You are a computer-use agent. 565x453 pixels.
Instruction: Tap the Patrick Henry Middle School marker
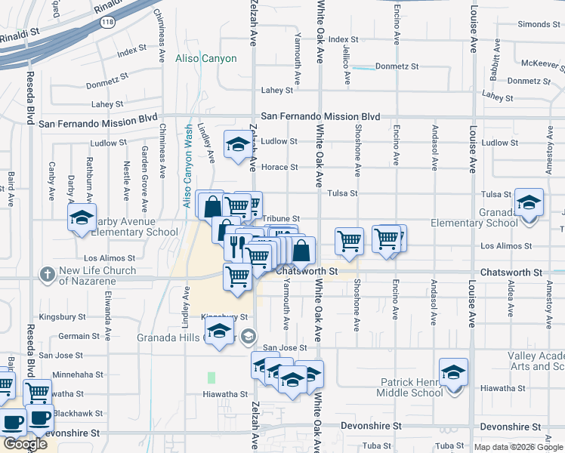tap(453, 372)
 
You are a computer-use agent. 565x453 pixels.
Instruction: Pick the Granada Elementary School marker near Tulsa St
tap(529, 202)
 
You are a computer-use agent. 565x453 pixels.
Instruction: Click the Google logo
tap(25, 444)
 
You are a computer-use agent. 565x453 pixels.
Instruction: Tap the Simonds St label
tap(539, 25)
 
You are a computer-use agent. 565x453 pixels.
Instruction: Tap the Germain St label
tap(79, 336)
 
